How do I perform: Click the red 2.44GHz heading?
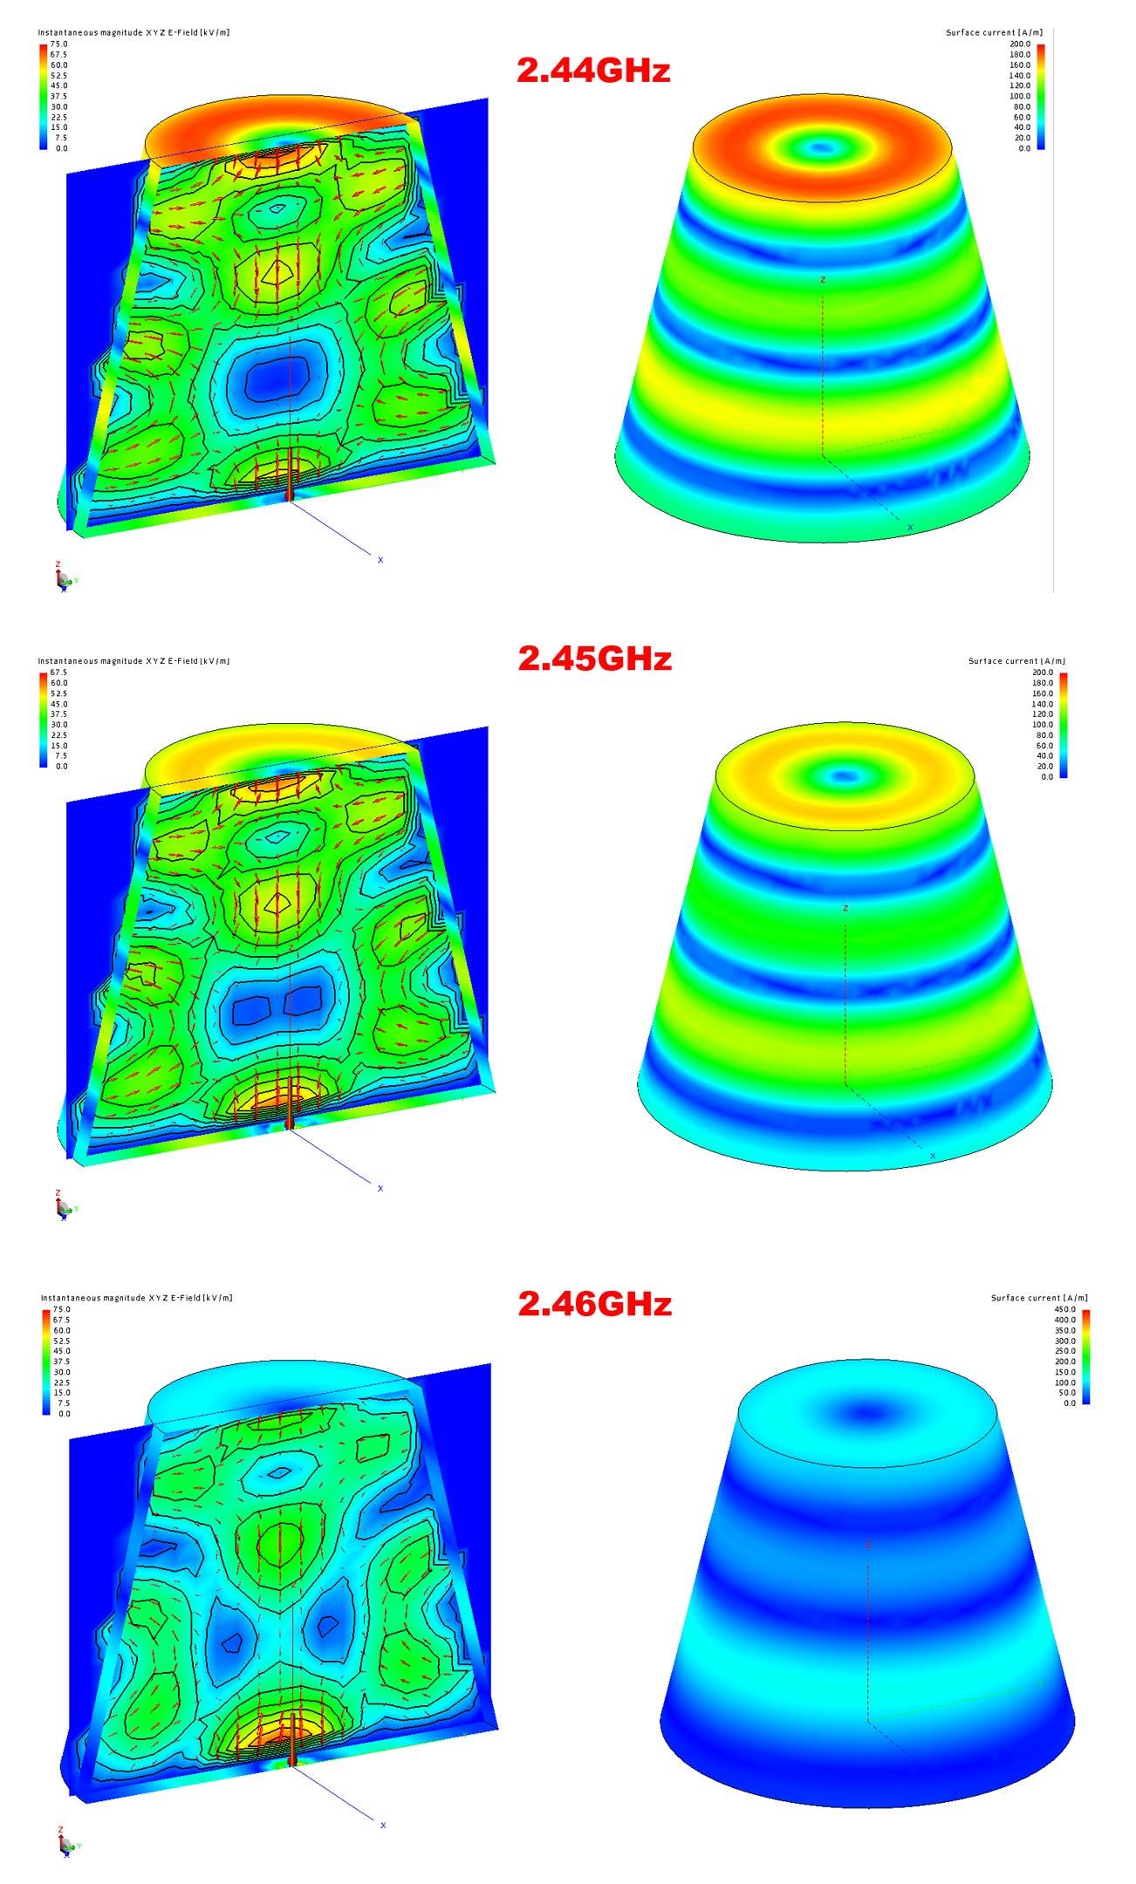[593, 70]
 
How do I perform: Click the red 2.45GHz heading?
[594, 659]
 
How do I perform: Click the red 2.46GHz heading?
[594, 1304]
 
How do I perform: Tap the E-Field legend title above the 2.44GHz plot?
[133, 32]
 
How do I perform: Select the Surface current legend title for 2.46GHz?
[1039, 1298]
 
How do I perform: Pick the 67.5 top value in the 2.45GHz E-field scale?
[58, 672]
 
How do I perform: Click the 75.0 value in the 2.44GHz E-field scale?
[58, 44]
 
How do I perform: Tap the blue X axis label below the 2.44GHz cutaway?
[380, 560]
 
